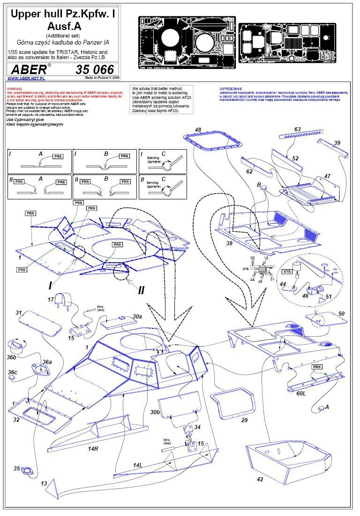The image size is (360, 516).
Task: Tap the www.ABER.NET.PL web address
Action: point(23,78)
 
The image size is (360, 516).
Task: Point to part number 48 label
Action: point(198,130)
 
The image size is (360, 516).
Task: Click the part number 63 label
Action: point(297,129)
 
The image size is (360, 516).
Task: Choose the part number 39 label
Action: point(337,143)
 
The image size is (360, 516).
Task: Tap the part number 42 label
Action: point(260,479)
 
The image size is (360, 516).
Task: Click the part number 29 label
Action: point(244,420)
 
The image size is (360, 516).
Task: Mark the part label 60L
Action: point(301,393)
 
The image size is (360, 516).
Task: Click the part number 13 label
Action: point(44,483)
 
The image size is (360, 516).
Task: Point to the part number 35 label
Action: point(17,468)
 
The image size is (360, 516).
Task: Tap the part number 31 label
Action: point(19,313)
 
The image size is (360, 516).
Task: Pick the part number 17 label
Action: point(51,299)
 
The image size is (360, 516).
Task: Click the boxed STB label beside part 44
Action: point(287,271)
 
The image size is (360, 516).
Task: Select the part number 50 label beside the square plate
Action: point(341,313)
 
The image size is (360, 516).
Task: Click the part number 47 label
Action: point(327,176)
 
